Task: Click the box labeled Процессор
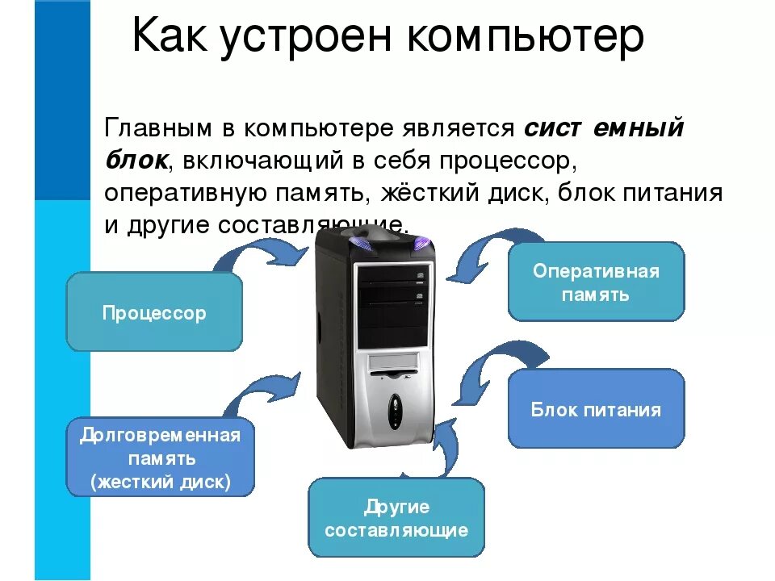[x=153, y=312]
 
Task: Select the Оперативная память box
[x=596, y=282]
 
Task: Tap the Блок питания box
[x=596, y=409]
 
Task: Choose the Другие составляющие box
[x=396, y=518]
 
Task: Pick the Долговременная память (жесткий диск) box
[x=160, y=458]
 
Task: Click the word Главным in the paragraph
[x=159, y=129]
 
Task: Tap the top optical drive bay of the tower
[x=392, y=277]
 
